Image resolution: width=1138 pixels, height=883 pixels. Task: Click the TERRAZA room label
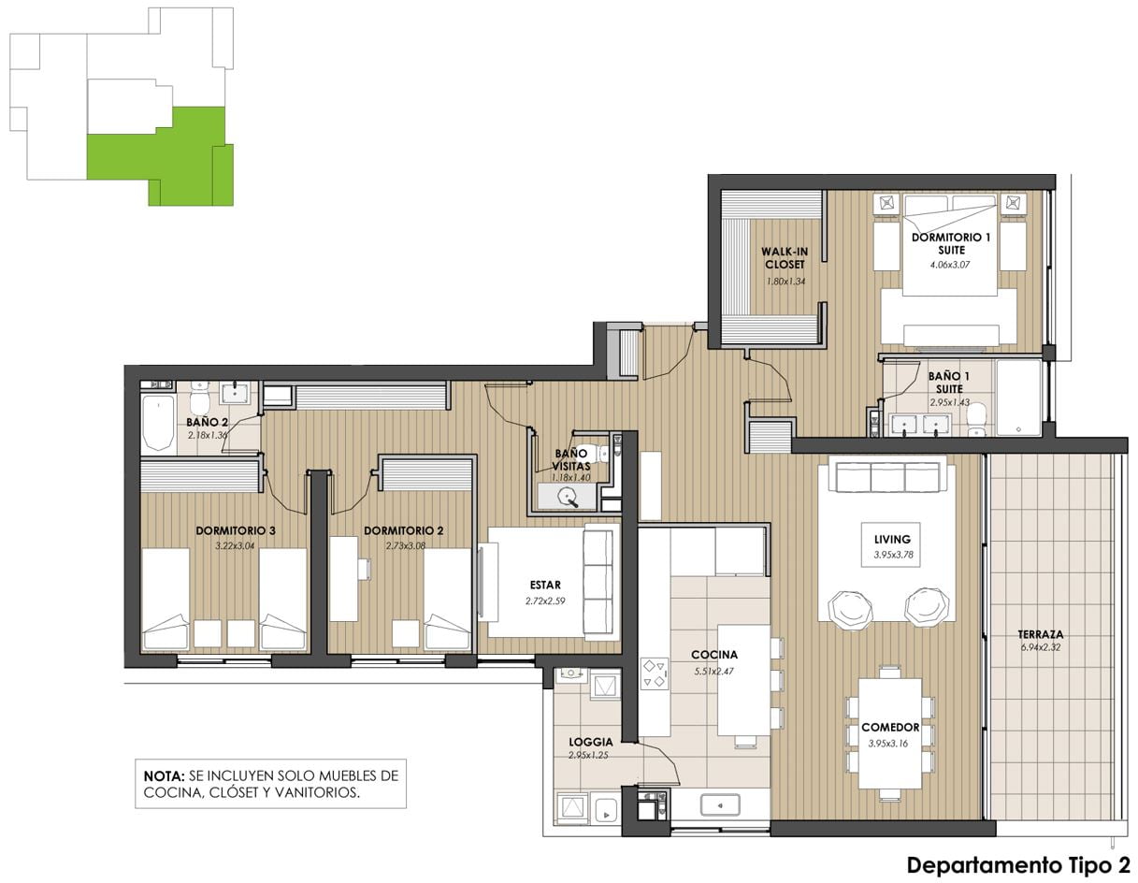pyautogui.click(x=1040, y=634)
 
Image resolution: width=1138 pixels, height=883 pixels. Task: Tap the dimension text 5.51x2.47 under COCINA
pyautogui.click(x=713, y=671)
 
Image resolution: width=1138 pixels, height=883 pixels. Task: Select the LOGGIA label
pyautogui.click(x=591, y=742)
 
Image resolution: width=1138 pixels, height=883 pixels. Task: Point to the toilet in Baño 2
pyautogui.click(x=199, y=399)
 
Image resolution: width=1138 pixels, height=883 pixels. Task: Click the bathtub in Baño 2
pyautogui.click(x=158, y=423)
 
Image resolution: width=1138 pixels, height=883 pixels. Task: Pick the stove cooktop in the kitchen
pyautogui.click(x=655, y=673)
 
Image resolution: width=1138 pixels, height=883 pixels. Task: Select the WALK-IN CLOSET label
pyautogui.click(x=784, y=258)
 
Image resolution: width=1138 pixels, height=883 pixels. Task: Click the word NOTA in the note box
pyautogui.click(x=164, y=775)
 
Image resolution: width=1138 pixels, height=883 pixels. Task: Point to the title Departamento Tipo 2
pyautogui.click(x=1018, y=864)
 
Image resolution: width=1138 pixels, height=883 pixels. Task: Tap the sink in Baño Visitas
pyautogui.click(x=569, y=496)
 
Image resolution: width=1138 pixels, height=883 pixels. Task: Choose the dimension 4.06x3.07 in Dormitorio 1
pyautogui.click(x=949, y=265)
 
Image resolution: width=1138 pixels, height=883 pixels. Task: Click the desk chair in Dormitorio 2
pyautogui.click(x=364, y=568)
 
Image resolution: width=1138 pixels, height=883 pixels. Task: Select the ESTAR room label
pyautogui.click(x=545, y=585)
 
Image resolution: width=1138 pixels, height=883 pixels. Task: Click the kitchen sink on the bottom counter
pyautogui.click(x=720, y=805)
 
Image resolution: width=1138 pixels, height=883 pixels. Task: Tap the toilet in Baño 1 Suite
pyautogui.click(x=975, y=421)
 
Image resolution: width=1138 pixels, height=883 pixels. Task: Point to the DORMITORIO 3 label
pyautogui.click(x=235, y=530)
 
